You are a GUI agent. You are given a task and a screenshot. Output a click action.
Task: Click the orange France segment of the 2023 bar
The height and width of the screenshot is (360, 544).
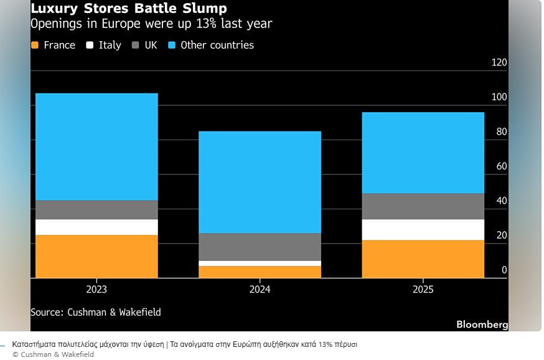pos(96,256)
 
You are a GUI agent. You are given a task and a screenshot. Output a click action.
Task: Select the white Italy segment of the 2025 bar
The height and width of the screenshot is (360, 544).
pos(423,229)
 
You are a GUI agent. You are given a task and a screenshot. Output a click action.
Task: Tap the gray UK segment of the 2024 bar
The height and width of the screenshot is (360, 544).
pos(260,247)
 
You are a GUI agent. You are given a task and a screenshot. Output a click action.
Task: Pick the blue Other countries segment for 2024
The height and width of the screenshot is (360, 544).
pos(260,182)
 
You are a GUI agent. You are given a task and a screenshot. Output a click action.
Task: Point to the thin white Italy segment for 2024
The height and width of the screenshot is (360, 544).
pos(260,263)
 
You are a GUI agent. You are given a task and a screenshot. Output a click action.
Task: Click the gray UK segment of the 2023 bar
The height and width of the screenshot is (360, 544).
pos(96,209)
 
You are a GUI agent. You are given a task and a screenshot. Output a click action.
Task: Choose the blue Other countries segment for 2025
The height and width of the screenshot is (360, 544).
pos(423,153)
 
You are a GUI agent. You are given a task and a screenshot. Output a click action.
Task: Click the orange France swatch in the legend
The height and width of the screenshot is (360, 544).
pos(35,45)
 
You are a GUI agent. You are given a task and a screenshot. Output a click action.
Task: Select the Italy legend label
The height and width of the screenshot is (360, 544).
pos(110,45)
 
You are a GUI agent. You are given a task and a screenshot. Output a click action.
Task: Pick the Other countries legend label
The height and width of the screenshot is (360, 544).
pos(217,45)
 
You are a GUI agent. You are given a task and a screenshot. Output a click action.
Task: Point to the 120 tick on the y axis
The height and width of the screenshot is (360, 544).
pos(499,62)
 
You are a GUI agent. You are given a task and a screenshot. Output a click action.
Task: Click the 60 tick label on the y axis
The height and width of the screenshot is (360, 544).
pos(501,166)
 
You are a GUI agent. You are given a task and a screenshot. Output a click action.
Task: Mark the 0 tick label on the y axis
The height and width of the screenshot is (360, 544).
pos(504,270)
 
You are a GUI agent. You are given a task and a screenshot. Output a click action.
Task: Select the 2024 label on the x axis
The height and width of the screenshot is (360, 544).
pos(260,290)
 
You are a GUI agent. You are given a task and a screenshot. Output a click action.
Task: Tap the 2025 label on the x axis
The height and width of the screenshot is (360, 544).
pos(423,290)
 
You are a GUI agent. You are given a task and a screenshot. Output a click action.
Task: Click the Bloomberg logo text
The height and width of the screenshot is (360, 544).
pos(482,324)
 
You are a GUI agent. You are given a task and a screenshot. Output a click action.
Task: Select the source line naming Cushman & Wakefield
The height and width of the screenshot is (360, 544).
pos(96,312)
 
